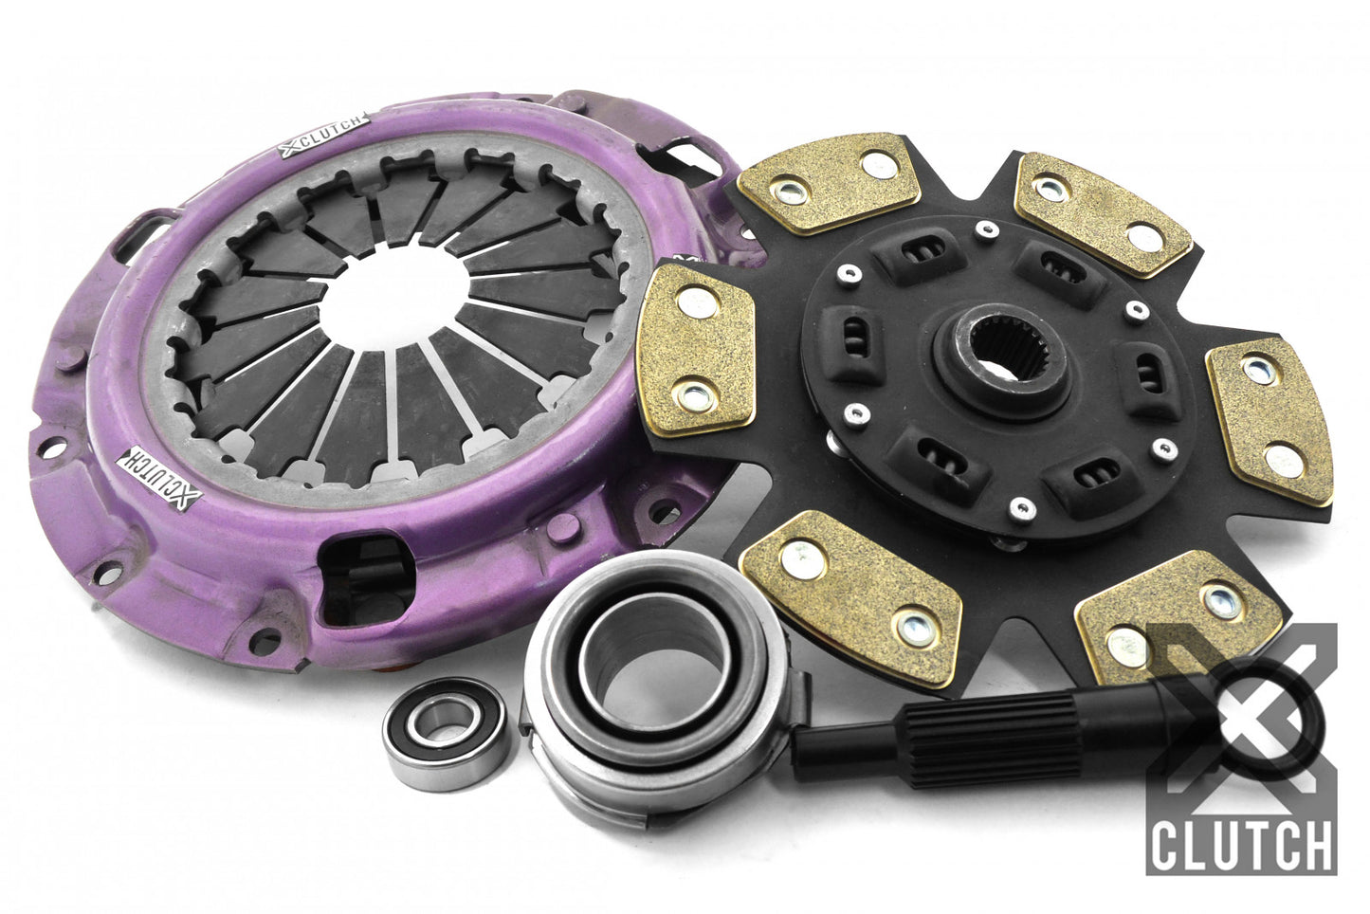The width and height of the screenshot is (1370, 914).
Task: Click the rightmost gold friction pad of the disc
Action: tap(1270, 420)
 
